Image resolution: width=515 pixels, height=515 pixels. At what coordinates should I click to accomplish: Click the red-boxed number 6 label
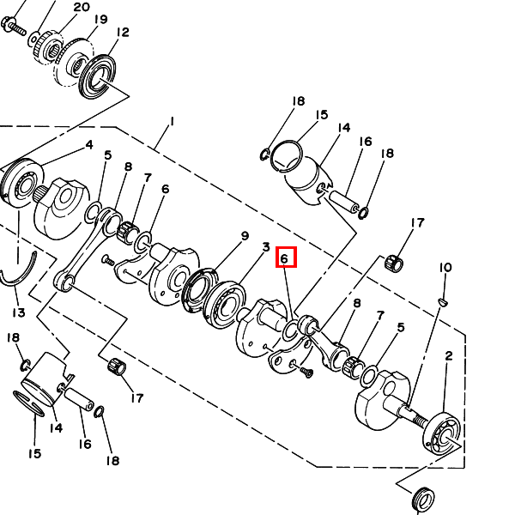284,258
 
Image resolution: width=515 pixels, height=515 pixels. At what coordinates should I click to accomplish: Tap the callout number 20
82,7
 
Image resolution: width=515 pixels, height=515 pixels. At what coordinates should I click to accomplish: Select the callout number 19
100,19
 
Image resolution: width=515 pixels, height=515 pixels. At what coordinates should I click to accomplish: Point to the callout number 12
123,33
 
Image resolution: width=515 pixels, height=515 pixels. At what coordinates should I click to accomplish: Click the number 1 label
172,122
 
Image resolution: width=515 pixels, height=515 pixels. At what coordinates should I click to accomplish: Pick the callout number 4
89,145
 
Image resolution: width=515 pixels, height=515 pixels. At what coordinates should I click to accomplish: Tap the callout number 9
245,236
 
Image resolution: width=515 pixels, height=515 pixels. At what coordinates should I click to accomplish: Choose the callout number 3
266,247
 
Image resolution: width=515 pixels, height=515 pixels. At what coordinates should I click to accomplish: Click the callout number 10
445,268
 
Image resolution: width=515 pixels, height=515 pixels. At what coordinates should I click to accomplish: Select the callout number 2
449,355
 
